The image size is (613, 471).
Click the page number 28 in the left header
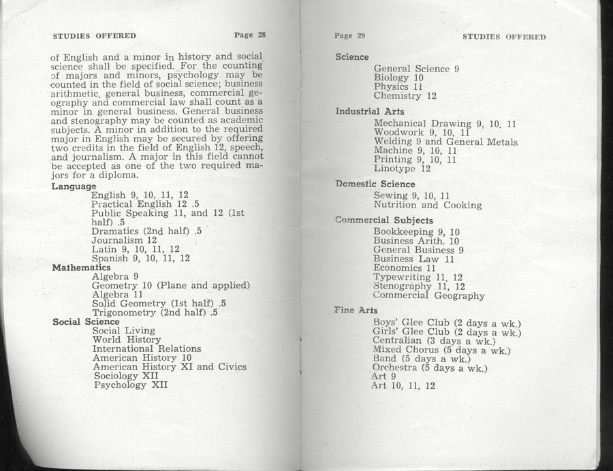click(x=260, y=35)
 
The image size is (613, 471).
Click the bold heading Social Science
click(x=86, y=321)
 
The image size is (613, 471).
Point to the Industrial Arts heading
click(x=370, y=112)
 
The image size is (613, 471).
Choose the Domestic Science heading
click(x=375, y=184)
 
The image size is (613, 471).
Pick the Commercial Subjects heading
click(x=385, y=221)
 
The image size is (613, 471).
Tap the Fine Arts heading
click(x=356, y=310)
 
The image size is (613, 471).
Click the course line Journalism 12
click(x=124, y=240)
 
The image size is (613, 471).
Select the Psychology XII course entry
click(x=130, y=385)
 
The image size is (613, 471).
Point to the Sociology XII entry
click(x=126, y=376)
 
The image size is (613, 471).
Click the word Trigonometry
click(x=124, y=312)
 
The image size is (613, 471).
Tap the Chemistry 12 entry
click(x=405, y=96)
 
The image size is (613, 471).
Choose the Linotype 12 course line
click(x=402, y=168)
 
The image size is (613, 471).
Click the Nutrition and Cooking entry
click(x=427, y=205)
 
